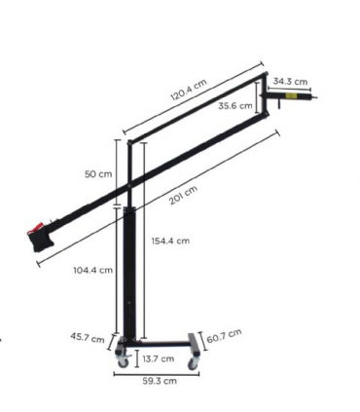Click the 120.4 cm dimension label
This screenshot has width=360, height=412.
point(187,90)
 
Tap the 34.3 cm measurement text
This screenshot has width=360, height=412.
point(290,81)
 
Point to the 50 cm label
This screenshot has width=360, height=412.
point(98,173)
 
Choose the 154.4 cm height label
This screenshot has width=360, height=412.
point(170,240)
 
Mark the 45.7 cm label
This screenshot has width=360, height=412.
point(89,338)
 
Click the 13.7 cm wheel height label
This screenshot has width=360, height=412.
point(158,358)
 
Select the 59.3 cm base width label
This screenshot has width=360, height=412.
point(159,382)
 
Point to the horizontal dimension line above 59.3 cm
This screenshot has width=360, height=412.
point(159,372)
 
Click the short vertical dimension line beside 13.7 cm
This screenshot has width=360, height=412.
point(137,357)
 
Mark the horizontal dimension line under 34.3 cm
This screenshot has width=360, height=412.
point(290,89)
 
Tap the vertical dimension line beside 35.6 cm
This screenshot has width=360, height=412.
point(257,97)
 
